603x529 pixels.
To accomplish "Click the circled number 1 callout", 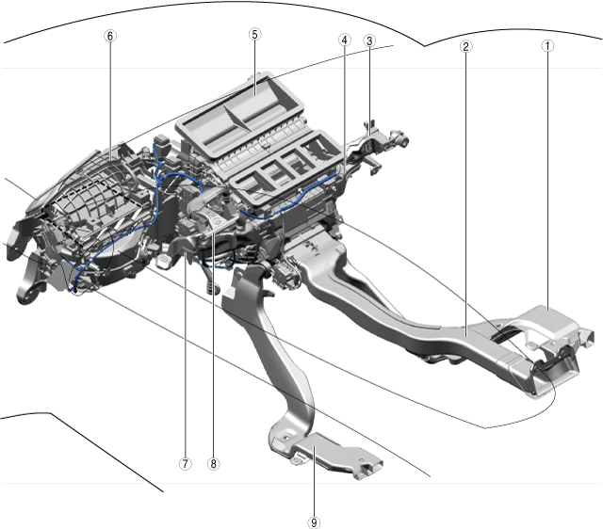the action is [x=547, y=46].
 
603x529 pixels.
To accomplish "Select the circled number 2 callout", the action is [x=465, y=47].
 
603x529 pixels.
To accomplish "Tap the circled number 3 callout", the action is [x=369, y=40].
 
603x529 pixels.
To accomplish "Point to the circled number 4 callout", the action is [x=345, y=40].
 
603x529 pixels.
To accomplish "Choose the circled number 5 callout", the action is [x=254, y=35].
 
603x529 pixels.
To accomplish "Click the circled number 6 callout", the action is [x=110, y=36].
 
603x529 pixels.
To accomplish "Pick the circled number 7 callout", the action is [x=185, y=464].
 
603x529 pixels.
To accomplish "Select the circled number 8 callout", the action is [x=214, y=464].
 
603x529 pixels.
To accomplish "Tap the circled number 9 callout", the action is [x=314, y=522].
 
